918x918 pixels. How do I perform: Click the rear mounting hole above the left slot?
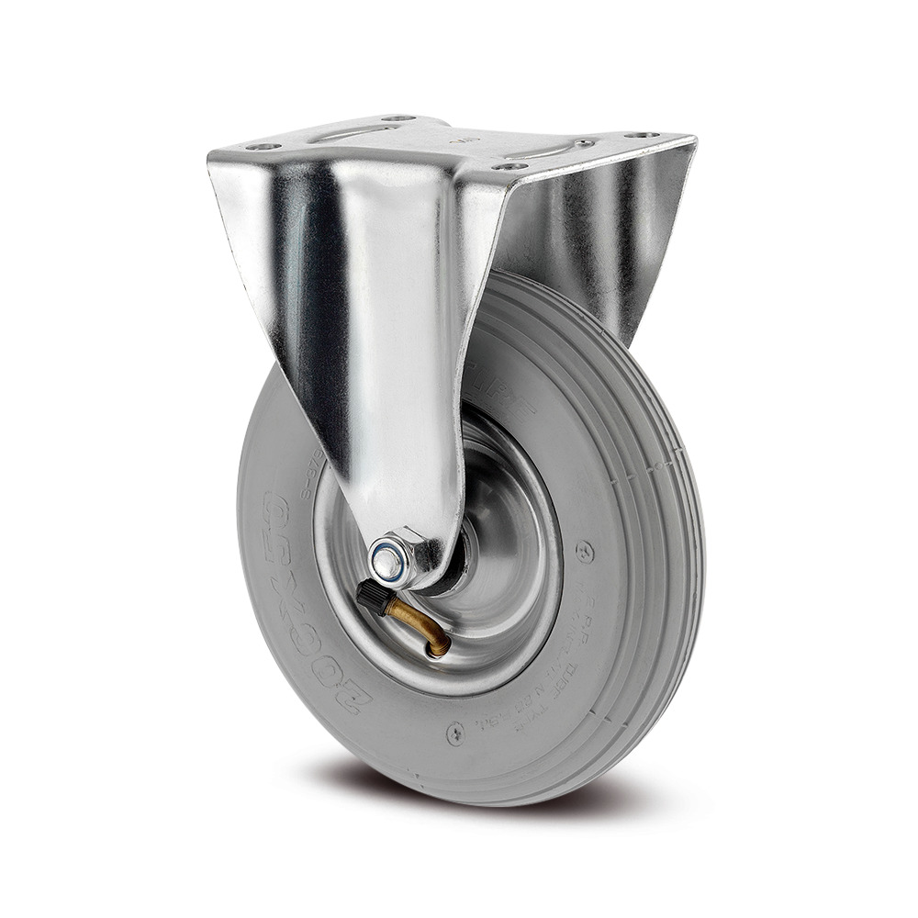[397, 119]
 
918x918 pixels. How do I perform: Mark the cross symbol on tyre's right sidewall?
[582, 552]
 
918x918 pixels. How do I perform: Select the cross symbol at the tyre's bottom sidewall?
[456, 732]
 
